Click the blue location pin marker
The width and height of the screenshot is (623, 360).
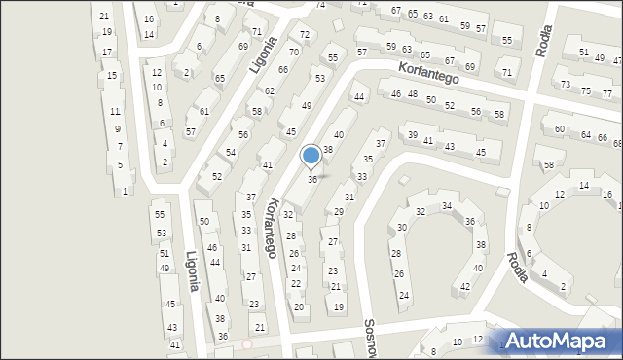311,156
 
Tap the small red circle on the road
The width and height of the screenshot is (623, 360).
247,343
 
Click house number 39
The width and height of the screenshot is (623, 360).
412,135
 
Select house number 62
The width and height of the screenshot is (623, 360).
270,90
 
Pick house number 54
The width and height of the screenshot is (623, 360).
231,153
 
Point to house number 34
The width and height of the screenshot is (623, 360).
446,206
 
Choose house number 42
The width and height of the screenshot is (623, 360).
464,287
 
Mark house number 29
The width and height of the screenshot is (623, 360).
339,212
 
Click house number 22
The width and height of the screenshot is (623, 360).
296,283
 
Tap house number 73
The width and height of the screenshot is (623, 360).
566,85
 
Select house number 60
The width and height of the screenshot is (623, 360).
559,129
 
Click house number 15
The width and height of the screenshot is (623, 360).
113,75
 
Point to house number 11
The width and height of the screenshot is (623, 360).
115,112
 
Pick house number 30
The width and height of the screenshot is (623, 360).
401,228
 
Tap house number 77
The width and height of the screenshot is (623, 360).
607,93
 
